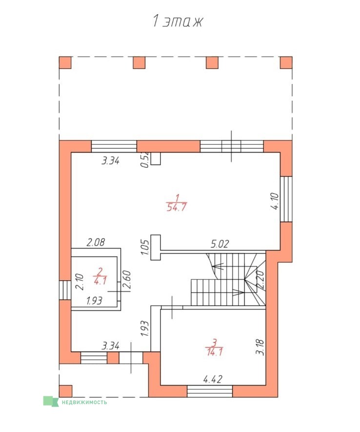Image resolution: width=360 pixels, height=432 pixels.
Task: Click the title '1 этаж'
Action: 178,21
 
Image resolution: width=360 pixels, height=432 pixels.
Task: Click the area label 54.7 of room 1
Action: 177,207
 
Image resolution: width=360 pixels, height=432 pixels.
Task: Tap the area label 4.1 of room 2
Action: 100,281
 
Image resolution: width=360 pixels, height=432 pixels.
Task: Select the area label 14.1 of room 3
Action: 214,352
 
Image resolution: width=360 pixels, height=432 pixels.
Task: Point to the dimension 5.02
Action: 220,244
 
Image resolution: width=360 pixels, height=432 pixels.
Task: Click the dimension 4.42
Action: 213,379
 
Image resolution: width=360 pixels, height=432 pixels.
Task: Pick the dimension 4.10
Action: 275,202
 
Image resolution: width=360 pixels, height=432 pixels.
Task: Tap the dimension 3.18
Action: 260,347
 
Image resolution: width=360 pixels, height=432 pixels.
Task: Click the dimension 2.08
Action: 96,242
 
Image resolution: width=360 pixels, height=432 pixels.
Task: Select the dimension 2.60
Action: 127,280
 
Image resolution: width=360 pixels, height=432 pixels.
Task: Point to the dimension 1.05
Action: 145,247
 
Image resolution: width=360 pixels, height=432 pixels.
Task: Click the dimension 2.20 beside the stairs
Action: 260,280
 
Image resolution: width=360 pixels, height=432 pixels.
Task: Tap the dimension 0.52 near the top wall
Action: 145,160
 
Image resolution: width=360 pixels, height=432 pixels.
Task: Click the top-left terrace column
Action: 65,62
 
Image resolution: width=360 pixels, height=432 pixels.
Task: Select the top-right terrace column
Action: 286,62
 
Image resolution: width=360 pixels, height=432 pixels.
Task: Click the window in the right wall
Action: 286,199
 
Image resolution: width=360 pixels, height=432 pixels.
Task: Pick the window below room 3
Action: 210,391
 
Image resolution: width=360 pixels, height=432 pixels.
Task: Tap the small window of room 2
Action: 65,290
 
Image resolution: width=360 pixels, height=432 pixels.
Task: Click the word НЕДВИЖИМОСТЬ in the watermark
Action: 84,402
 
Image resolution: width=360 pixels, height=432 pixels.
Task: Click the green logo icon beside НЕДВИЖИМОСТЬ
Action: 51,401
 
